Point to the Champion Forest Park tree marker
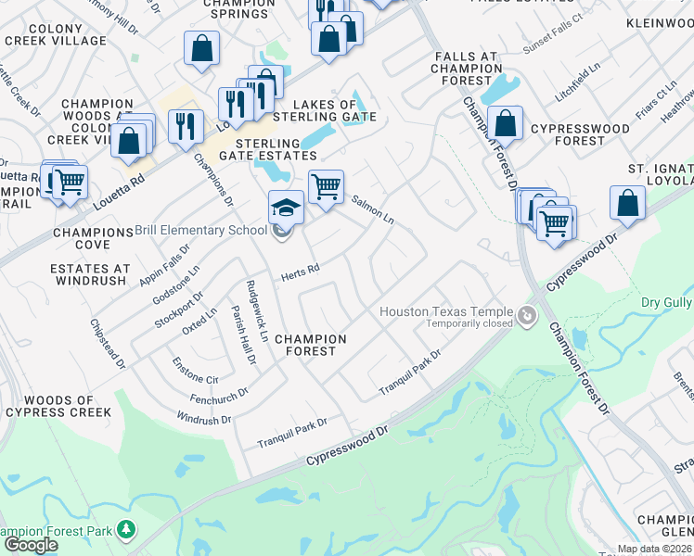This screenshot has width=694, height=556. click(124, 531)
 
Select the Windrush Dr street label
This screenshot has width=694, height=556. click(204, 420)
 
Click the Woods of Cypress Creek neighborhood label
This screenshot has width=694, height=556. click(58, 406)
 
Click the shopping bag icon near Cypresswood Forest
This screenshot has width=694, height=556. click(506, 123)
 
